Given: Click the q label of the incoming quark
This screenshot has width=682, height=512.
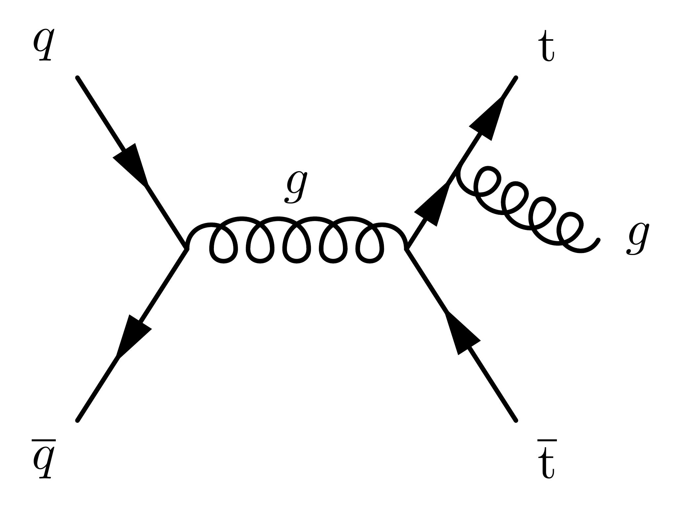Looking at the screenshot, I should click(43, 45).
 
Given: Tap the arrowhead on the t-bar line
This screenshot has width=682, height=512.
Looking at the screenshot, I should click(461, 335).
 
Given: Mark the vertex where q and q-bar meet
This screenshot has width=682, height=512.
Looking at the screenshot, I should click(187, 248).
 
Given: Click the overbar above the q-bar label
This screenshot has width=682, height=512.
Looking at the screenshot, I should click(44, 441).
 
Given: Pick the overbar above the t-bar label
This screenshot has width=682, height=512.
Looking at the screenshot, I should click(547, 441).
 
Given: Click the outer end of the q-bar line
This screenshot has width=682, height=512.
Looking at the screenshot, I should click(77, 421).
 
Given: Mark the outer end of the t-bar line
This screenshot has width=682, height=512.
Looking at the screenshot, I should click(516, 421).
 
